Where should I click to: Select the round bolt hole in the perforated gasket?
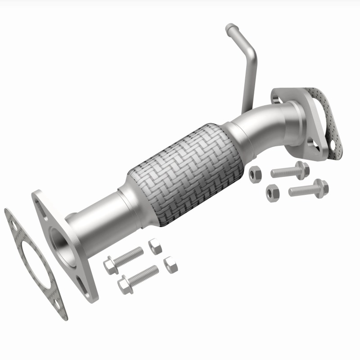pos(334,146)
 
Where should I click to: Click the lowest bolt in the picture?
pos(137,278)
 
